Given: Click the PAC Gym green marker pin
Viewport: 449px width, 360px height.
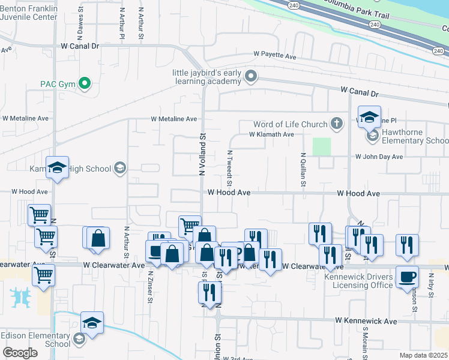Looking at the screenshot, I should [85, 84].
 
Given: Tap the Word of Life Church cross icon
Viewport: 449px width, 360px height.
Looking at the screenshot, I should [337, 124].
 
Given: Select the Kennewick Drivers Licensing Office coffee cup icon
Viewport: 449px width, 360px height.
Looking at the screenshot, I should [407, 277].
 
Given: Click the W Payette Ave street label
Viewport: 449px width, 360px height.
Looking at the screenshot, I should [275, 56].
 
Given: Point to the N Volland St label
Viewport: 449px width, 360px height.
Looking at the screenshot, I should [202, 155].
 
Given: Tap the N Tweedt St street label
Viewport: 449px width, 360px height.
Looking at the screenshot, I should [229, 167].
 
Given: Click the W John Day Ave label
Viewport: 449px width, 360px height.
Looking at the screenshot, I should [378, 157].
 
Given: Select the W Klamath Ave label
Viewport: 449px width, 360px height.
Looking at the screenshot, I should [272, 134].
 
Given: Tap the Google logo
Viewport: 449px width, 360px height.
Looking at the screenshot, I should [20, 353].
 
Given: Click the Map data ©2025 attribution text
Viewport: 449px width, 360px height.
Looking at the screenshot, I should [424, 355].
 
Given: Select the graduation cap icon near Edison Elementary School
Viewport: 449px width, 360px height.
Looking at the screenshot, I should [92, 322].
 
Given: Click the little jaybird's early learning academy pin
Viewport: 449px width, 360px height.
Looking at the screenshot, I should [252, 76].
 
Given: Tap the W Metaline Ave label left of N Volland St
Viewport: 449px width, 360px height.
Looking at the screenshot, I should [174, 119].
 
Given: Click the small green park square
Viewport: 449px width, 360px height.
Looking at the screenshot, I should [322, 146].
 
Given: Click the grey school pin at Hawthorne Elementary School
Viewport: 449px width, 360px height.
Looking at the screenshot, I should [373, 136].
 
